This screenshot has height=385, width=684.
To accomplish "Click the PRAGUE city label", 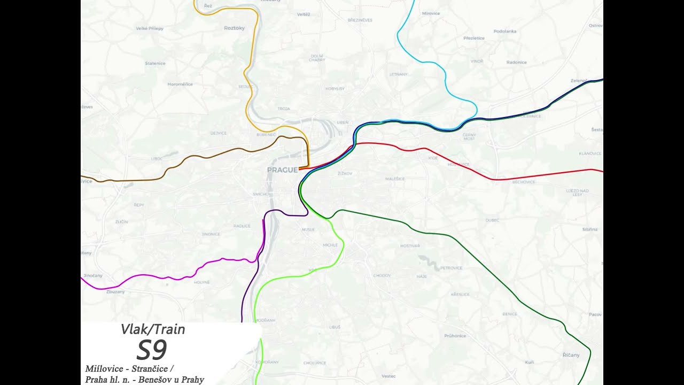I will (282, 170).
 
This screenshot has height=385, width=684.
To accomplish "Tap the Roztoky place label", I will (234, 28).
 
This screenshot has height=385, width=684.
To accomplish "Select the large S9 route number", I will (152, 350).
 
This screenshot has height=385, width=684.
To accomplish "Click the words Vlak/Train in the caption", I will (153, 329).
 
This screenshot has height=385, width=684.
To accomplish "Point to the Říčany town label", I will (571, 355).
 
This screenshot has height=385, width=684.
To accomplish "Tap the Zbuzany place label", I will (115, 292).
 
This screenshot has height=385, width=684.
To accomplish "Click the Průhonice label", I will (455, 336).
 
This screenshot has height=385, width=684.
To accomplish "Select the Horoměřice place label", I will (180, 84).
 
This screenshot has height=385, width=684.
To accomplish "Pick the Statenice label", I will (155, 63).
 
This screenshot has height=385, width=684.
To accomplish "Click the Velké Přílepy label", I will (150, 28).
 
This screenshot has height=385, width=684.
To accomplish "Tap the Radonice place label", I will (516, 62).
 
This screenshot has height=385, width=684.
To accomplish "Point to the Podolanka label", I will (505, 32).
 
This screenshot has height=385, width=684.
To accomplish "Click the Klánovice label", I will (590, 153).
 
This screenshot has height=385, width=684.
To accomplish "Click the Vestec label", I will (388, 376).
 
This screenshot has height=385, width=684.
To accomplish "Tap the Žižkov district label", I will (345, 174).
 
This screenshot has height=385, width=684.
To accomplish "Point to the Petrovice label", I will (451, 268).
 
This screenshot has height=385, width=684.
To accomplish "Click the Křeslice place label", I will (460, 294).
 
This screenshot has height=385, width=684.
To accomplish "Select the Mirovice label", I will (431, 13).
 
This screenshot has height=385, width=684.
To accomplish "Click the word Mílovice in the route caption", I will (104, 369).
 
